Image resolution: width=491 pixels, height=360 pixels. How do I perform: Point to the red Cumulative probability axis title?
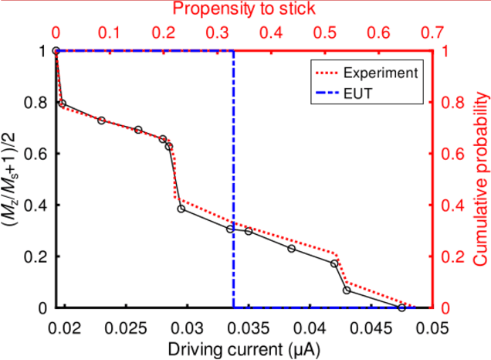479,179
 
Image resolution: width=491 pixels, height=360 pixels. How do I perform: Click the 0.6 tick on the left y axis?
36,154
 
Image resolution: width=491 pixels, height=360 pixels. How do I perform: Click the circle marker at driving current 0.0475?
401,308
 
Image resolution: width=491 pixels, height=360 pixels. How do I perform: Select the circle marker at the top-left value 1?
56,51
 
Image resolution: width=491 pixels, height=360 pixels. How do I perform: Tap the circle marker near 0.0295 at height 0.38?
181,209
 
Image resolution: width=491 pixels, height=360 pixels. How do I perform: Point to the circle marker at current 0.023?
102,121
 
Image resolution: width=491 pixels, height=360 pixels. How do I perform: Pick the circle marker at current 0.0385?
292,249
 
